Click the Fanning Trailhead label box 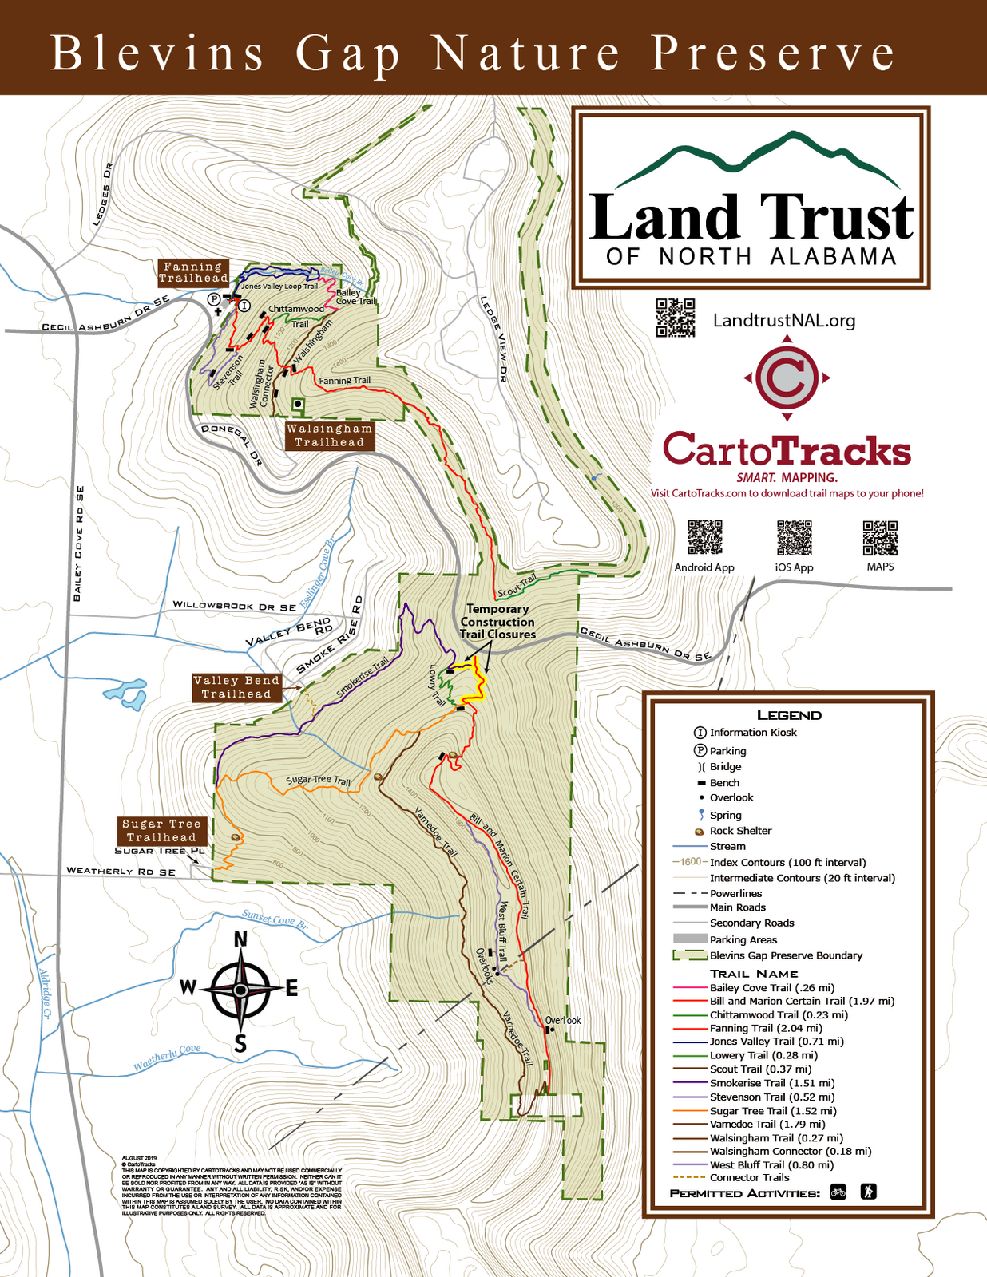coord(192,272)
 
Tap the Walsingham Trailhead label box coord(330,436)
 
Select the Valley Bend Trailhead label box coord(236,687)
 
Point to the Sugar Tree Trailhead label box coord(161,830)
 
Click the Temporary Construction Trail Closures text coord(497,622)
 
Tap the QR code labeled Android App coord(704,537)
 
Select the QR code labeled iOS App coord(794,537)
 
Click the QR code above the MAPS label coord(880,537)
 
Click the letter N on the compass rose coord(240,939)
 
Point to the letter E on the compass coord(291,990)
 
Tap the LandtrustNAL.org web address coord(783,321)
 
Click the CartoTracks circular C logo coord(787,378)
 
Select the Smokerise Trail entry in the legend coord(747,1083)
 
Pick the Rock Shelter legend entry coord(740,831)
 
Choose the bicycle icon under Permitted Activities coord(838,1192)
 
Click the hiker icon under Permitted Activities coord(868,1192)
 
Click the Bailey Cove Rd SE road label coord(78,543)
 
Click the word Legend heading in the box coord(788,715)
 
